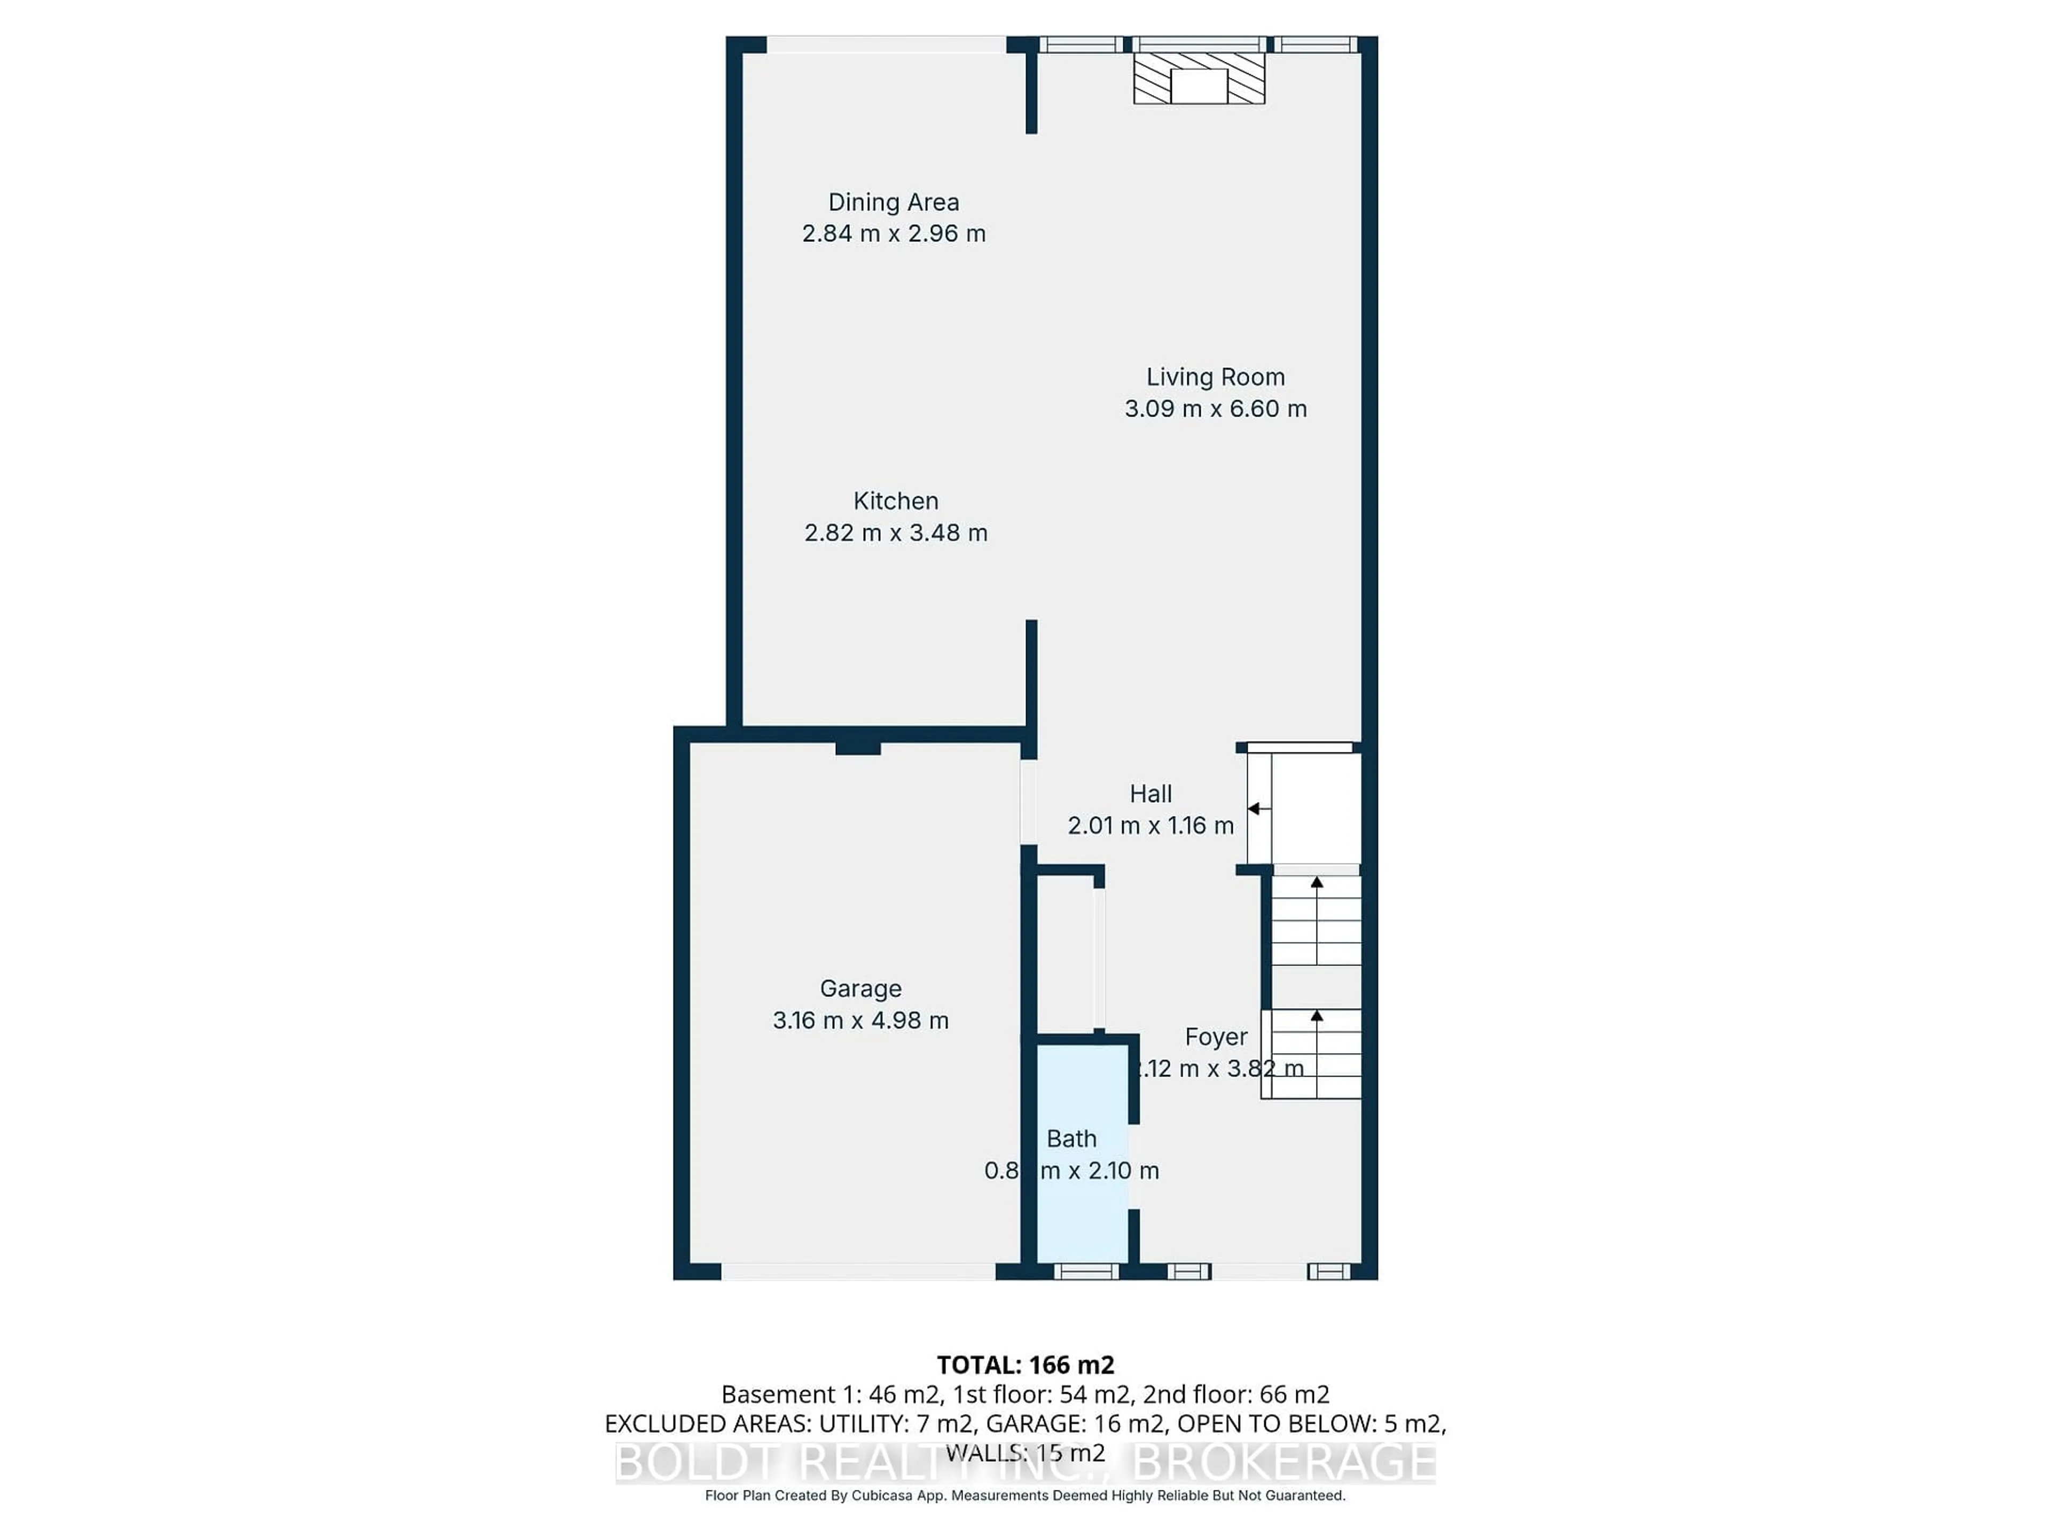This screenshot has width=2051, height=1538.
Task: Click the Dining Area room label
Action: point(893,202)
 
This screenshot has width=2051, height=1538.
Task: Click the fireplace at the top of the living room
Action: point(1199,79)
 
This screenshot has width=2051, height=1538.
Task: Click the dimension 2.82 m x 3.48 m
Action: point(896,533)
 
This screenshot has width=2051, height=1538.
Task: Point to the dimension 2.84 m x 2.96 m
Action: point(893,233)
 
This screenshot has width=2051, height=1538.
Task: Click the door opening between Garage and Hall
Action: point(1028,802)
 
